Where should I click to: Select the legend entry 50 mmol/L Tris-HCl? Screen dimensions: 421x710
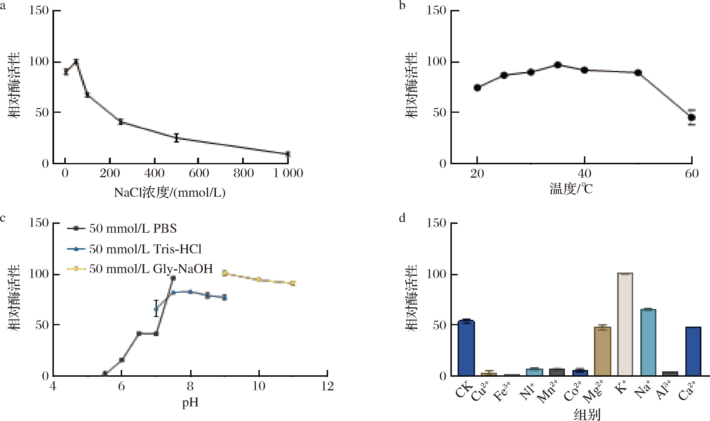[145, 249]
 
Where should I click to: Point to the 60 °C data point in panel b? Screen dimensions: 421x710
[692, 117]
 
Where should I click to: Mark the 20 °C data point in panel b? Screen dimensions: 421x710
[477, 88]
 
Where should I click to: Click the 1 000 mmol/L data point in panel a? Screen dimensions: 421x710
[288, 154]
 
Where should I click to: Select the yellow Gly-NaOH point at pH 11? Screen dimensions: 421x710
[293, 283]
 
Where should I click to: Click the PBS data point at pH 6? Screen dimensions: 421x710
[121, 360]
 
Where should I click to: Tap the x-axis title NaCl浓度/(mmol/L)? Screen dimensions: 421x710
[170, 193]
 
